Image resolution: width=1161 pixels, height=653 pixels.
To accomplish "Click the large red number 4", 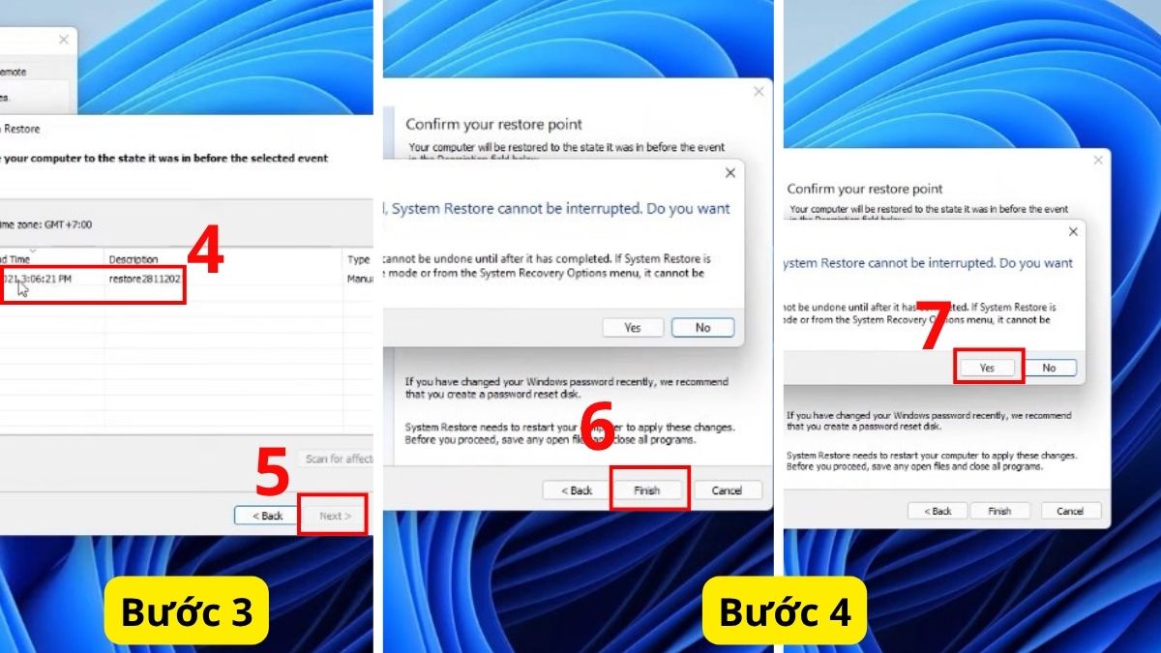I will point(205,252).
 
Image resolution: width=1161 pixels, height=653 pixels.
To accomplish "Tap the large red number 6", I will point(598,427).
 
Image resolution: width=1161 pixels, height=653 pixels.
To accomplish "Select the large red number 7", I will point(934,329).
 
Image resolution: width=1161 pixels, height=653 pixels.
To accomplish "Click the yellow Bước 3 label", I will point(186,611).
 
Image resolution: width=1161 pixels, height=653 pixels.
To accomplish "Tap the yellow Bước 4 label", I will point(784,611).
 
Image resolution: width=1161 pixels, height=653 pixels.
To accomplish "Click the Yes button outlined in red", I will point(988,368).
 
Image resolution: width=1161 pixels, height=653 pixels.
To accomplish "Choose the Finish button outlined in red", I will point(647,490).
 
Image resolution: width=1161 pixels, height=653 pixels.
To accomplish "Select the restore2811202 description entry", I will point(144,279).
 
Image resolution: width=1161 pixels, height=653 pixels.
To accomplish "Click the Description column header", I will point(134,259).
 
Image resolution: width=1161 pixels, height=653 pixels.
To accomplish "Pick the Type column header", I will point(359,259).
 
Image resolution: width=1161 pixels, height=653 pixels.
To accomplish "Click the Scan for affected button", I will point(338,459).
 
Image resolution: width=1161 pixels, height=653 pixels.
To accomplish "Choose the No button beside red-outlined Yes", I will point(1049,368).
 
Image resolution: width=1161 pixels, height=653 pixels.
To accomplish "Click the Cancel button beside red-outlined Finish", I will point(727,490).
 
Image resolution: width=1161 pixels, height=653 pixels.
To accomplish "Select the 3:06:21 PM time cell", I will point(39,279).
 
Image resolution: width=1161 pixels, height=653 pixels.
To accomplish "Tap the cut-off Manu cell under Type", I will point(359,279).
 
